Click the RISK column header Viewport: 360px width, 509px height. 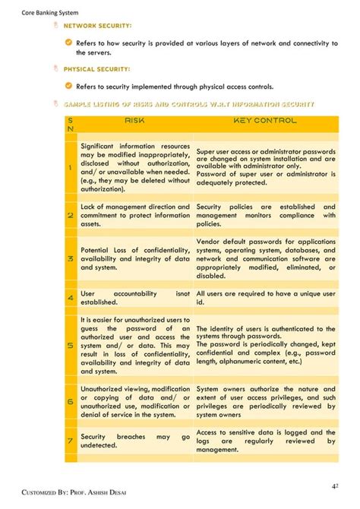[135, 121]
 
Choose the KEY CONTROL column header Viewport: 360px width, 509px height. [265, 121]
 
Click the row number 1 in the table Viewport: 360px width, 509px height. [70, 167]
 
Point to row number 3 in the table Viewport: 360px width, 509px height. [70, 259]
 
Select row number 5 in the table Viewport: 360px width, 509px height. [70, 346]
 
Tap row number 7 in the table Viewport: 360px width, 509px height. [70, 441]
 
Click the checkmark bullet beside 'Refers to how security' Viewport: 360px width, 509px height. [68, 43]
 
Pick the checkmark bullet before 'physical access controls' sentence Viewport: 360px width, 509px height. [68, 87]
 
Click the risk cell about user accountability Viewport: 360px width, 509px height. [135, 297]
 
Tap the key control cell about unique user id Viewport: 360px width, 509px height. [265, 297]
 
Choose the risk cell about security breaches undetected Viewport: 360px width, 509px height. [135, 441]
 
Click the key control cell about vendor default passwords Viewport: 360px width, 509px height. [265, 258]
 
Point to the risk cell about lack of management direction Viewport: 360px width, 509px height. [135, 216]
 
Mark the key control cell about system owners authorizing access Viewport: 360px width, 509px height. [265, 401]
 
